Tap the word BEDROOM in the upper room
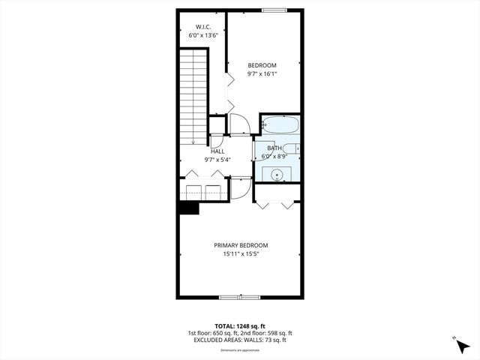[262, 65]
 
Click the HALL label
[217, 151]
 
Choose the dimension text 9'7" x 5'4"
[217, 159]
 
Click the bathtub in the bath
[280, 125]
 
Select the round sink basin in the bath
[278, 175]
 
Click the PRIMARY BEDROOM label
[241, 245]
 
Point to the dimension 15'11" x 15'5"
[241, 254]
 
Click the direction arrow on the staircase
[193, 139]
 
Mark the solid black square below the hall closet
[188, 207]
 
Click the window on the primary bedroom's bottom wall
[240, 297]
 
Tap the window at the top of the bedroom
[274, 10]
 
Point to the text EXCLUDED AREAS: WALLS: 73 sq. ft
[240, 340]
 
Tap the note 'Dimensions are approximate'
[240, 350]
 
